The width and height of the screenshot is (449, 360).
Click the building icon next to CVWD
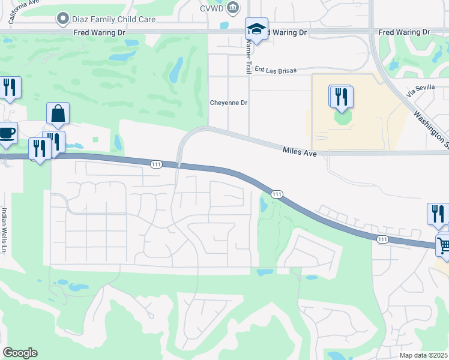(x=235, y=8)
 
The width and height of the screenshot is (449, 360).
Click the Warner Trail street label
(x=248, y=56)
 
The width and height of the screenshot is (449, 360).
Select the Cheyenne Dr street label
(x=228, y=103)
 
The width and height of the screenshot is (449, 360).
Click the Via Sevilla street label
(x=419, y=90)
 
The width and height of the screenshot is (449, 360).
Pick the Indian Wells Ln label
(x=5, y=230)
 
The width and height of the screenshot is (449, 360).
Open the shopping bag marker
(x=58, y=113)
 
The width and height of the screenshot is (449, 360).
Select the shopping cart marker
(x=444, y=245)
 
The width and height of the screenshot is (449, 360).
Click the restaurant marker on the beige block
(x=341, y=97)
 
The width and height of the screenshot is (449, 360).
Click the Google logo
(x=20, y=353)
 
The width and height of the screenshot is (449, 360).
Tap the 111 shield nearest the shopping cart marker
(x=382, y=239)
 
